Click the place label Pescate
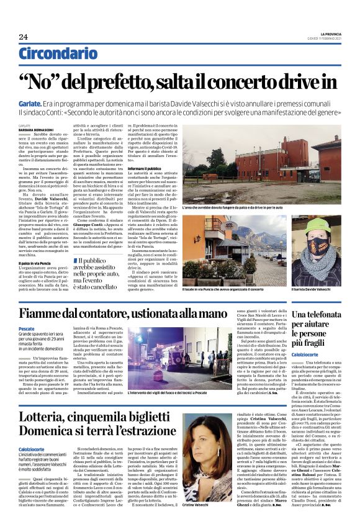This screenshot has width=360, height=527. tap(27, 328)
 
